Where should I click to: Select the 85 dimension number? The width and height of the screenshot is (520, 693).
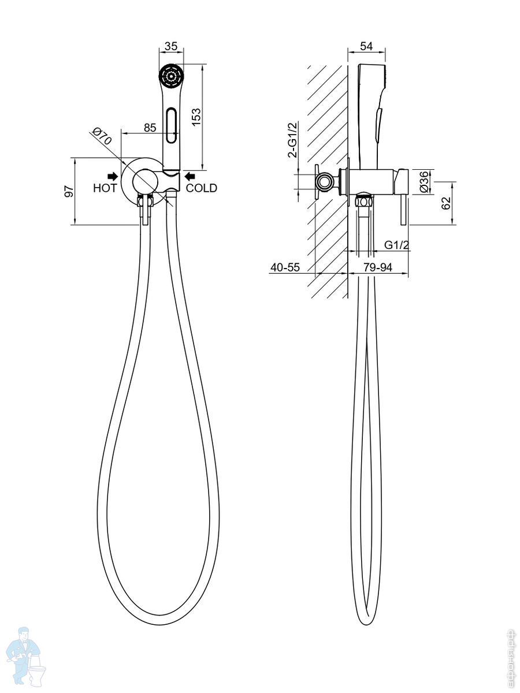click(x=150, y=128)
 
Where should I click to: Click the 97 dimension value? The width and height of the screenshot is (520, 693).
click(x=68, y=192)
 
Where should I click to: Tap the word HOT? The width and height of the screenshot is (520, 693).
click(x=105, y=188)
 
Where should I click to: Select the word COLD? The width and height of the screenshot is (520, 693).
click(x=202, y=188)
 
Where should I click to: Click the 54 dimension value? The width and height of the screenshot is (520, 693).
click(x=366, y=46)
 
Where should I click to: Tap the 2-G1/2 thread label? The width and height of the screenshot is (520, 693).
click(x=293, y=140)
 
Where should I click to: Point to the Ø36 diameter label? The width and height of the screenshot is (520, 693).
click(x=424, y=181)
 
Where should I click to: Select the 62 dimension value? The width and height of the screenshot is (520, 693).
click(x=446, y=203)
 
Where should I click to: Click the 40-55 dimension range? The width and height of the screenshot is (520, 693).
click(x=285, y=267)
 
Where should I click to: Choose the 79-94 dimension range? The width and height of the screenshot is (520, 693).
click(x=379, y=267)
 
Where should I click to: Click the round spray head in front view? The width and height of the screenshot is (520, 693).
click(x=171, y=77)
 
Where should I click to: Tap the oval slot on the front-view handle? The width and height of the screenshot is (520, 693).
click(x=171, y=125)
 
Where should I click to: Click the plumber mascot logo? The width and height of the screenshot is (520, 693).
click(x=27, y=658)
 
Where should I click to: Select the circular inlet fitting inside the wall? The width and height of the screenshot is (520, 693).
click(x=325, y=182)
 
